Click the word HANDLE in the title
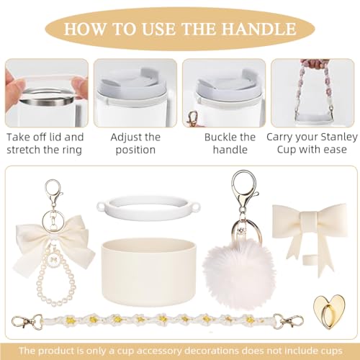tap(258, 29)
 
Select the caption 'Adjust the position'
tap(135, 143)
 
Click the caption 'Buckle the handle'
tap(230, 143)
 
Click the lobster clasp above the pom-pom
tap(243, 189)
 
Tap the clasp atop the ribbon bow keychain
tap(53, 193)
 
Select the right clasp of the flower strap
tap(288, 320)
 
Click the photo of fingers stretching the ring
tap(47, 93)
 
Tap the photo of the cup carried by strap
tap(312, 93)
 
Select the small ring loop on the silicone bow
tap(309, 260)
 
